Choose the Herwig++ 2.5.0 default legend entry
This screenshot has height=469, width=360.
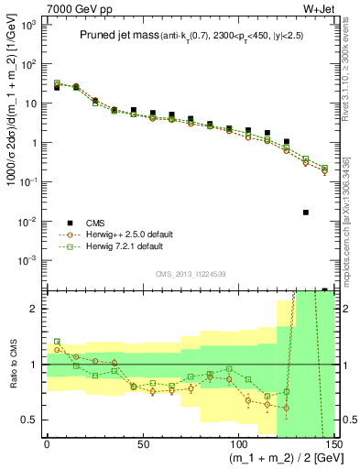coord(124,234)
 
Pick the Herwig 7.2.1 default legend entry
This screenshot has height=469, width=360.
coord(121,246)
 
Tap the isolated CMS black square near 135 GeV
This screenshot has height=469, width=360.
coord(306,213)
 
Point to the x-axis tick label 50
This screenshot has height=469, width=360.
coord(142,443)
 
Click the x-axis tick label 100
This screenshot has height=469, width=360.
coord(237,443)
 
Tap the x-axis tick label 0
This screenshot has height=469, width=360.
coord(47,443)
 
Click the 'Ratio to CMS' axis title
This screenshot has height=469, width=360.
coord(10,364)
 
